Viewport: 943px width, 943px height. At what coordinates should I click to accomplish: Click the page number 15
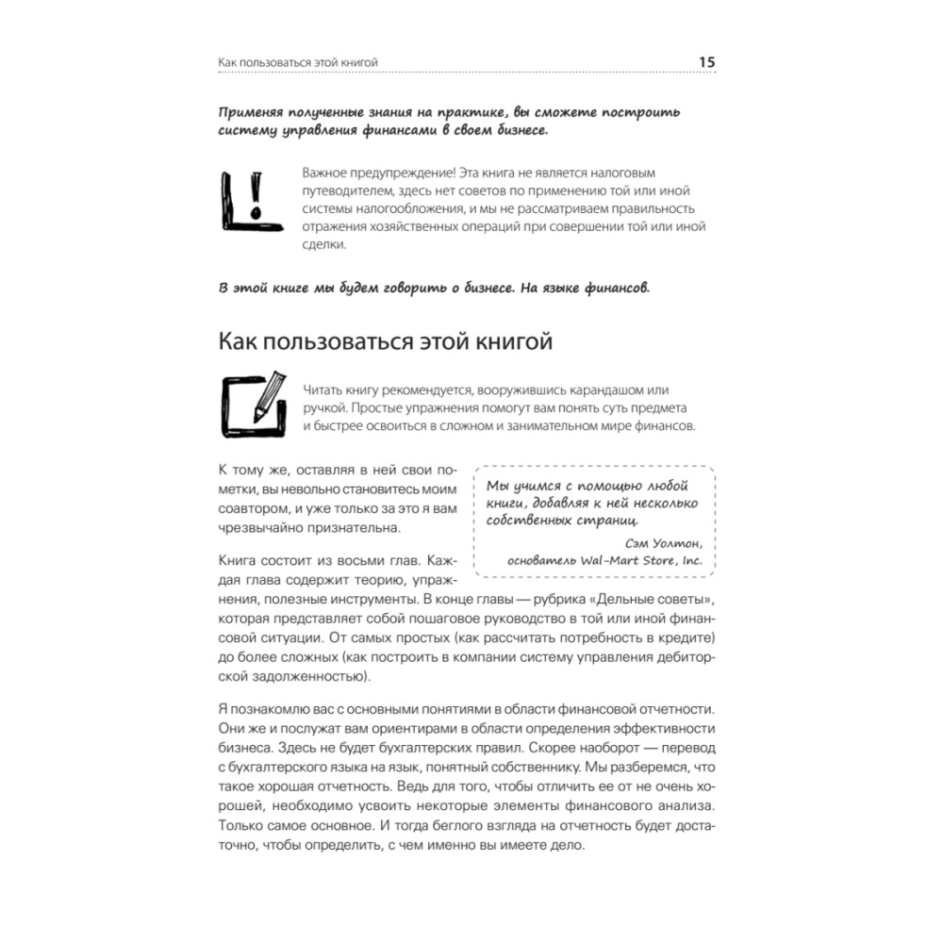pyautogui.click(x=707, y=62)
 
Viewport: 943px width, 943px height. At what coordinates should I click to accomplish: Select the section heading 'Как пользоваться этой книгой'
pyautogui.click(x=385, y=340)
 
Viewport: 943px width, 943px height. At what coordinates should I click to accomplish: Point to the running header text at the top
pyautogui.click(x=298, y=63)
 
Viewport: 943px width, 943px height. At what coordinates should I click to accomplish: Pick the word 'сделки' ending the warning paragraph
pyautogui.click(x=323, y=244)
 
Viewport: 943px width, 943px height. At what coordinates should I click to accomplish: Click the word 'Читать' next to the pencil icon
pyautogui.click(x=324, y=390)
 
